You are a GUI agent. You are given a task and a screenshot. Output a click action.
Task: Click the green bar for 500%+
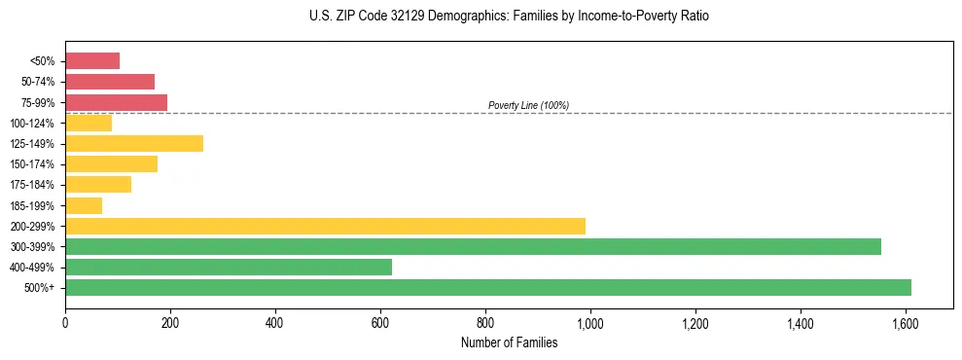(x=487, y=287)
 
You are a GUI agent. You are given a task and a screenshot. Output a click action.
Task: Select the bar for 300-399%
(x=473, y=246)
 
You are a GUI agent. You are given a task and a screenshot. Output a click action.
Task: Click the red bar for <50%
(x=92, y=61)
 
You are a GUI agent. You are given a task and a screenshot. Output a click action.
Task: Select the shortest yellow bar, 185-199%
(x=84, y=205)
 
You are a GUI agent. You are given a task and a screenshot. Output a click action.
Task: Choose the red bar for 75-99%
(x=116, y=102)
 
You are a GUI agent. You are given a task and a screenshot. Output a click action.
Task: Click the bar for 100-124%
(x=89, y=123)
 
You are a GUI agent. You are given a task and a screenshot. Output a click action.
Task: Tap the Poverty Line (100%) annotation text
(x=528, y=105)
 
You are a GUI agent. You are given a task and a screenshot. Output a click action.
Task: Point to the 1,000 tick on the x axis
(x=590, y=321)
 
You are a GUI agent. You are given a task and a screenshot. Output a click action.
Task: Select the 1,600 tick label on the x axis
(x=906, y=321)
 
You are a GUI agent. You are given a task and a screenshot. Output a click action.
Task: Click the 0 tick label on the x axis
(x=65, y=321)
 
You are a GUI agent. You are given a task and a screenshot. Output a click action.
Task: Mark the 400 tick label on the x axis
(x=275, y=321)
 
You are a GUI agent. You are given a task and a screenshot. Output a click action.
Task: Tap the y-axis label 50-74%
(x=38, y=82)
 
